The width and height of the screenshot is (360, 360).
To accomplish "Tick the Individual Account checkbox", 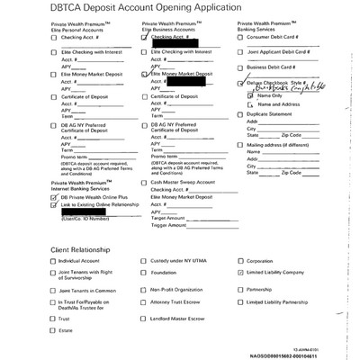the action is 53,262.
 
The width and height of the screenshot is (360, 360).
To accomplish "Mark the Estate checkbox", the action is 53,330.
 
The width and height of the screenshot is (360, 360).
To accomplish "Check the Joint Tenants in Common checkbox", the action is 53,290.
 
